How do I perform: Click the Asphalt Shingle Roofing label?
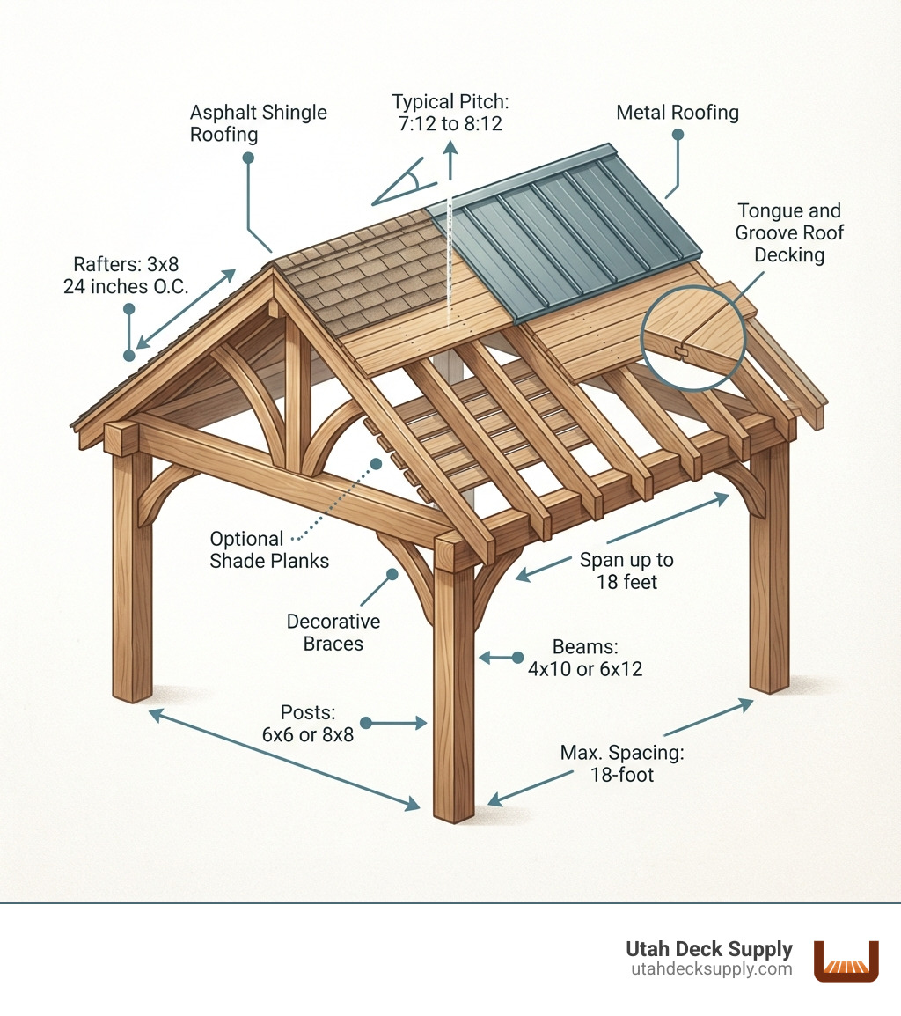[259, 123]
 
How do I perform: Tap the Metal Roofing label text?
[677, 113]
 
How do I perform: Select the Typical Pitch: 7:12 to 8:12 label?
[447, 112]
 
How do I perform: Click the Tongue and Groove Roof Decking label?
[789, 232]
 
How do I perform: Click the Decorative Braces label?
[333, 632]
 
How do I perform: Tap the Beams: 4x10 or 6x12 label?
[585, 658]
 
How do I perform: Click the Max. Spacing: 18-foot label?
[622, 764]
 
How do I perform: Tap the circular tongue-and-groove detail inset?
[694, 336]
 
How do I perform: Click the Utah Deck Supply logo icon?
[846, 960]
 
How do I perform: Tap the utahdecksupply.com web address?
[712, 969]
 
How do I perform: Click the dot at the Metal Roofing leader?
[678, 135]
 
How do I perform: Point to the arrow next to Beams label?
[499, 657]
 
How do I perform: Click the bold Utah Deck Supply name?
[709, 949]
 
